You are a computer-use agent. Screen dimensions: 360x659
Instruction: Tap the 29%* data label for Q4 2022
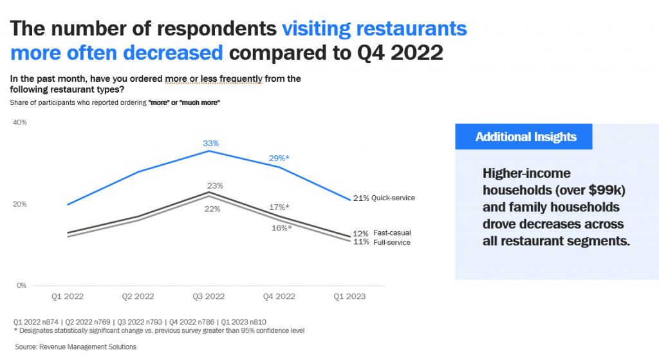[278, 158]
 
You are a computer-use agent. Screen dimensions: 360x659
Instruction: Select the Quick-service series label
[394, 198]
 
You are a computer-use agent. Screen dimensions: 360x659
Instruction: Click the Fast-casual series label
[392, 232]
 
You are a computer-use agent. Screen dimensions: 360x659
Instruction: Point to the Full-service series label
[392, 242]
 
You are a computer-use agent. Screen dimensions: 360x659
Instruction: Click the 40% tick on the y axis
[19, 122]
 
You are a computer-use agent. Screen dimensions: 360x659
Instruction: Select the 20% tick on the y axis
[19, 204]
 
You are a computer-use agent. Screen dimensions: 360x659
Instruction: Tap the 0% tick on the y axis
[21, 285]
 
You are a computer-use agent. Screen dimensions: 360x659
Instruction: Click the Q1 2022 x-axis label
[68, 297]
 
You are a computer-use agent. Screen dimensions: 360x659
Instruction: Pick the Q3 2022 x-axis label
[208, 297]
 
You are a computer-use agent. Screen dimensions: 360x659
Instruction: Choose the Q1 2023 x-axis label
[349, 297]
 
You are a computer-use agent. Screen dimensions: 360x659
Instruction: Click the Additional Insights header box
[525, 137]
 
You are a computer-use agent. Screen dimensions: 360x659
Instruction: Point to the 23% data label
[214, 186]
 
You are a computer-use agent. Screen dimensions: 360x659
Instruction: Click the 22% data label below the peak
[213, 209]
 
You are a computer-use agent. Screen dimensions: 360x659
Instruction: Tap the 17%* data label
[279, 207]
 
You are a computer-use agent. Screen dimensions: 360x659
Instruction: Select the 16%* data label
[281, 228]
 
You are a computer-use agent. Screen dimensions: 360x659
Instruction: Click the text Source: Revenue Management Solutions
[76, 347]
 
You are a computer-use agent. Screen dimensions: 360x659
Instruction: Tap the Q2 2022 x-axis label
[138, 297]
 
